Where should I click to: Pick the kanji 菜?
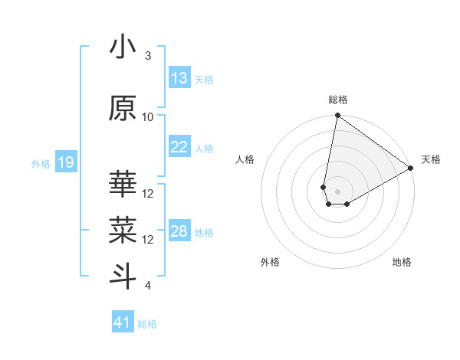tap(123, 227)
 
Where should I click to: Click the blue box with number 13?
tap(179, 78)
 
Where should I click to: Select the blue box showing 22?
tap(179, 147)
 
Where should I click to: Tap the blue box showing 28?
tap(179, 231)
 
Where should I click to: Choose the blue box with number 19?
tap(65, 162)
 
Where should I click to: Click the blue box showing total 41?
tap(123, 322)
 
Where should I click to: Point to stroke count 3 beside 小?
tap(148, 56)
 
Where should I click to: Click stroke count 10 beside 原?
tap(148, 117)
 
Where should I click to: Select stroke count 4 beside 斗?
tap(148, 286)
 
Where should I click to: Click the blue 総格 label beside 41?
tap(147, 324)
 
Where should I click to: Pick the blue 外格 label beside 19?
tap(41, 163)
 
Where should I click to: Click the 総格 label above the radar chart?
tap(337, 100)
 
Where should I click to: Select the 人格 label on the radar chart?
tap(245, 159)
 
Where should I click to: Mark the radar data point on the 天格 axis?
tap(411, 169)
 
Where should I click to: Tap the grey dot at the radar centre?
tap(337, 190)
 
